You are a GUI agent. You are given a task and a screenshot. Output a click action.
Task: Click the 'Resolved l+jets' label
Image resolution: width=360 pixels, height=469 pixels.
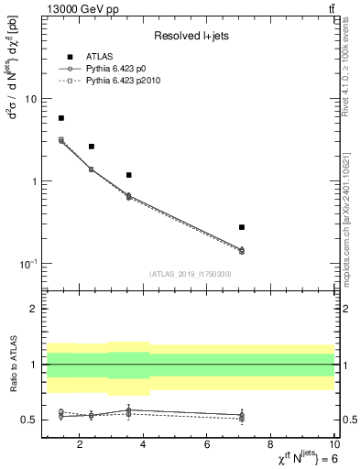click(190, 36)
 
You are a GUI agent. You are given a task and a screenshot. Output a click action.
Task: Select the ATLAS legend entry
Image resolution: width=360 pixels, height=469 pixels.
click(101, 57)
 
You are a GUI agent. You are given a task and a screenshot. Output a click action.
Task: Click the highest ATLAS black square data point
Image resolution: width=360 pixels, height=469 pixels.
click(61, 118)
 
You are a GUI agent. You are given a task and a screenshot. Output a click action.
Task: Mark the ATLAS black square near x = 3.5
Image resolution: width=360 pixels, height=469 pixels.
click(129, 175)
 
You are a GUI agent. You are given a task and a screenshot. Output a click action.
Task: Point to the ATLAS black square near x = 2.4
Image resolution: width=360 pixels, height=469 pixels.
click(92, 147)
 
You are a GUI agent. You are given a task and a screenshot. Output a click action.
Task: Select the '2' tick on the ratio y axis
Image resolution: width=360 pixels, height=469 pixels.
click(34, 310)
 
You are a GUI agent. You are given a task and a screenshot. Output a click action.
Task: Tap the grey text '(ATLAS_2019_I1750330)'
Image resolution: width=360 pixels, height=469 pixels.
click(190, 274)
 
